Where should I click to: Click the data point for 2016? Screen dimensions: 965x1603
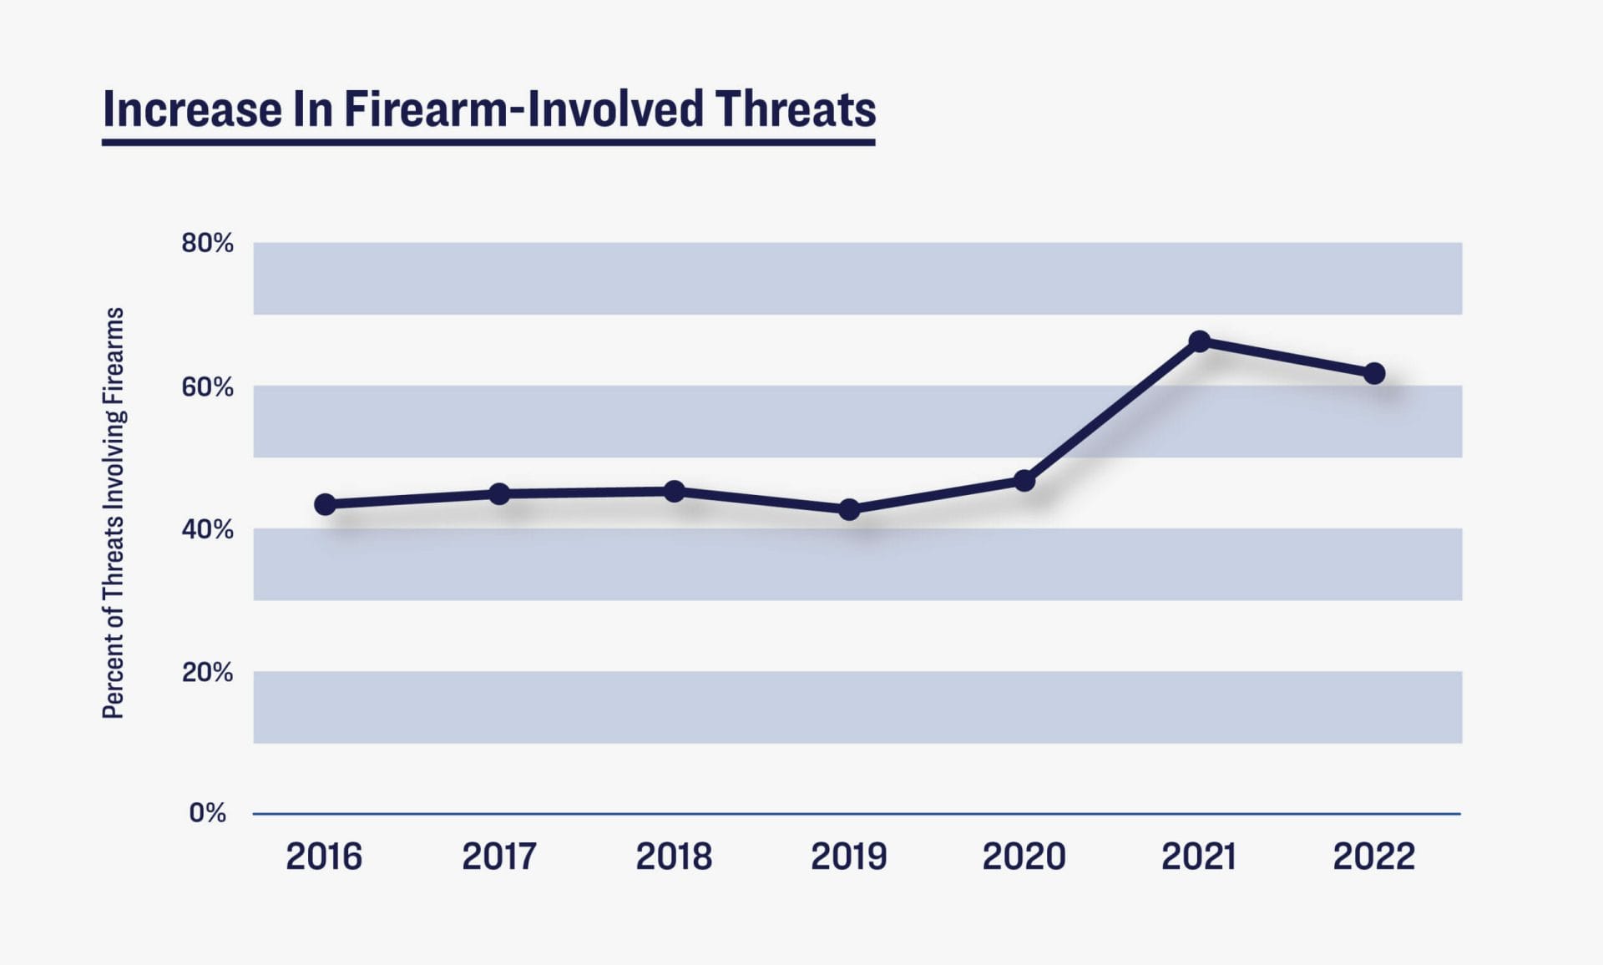(325, 504)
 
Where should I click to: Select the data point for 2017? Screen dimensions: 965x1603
(499, 494)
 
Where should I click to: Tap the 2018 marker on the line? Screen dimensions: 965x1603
(675, 492)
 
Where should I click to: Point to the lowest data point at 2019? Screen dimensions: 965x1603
(849, 509)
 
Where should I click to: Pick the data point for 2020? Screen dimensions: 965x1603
(1024, 481)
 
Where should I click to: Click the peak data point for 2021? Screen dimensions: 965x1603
(1199, 341)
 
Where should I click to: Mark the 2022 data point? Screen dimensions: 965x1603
(1374, 373)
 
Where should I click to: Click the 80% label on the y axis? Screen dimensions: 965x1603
(207, 243)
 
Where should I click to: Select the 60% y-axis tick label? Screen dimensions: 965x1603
(207, 387)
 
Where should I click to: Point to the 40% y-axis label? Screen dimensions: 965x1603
(207, 529)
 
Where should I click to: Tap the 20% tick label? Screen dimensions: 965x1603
(207, 672)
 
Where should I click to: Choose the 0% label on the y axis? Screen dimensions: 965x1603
(207, 813)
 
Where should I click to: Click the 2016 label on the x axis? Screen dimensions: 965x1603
(324, 856)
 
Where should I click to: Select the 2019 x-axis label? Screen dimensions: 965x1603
(849, 856)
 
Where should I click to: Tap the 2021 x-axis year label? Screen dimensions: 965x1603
(1199, 856)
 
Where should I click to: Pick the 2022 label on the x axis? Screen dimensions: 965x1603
(1374, 856)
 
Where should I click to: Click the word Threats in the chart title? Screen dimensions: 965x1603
(795, 109)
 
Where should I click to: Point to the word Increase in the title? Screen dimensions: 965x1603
(192, 109)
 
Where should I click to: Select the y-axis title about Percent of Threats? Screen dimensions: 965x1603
(114, 513)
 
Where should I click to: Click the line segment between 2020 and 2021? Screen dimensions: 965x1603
(1112, 411)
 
